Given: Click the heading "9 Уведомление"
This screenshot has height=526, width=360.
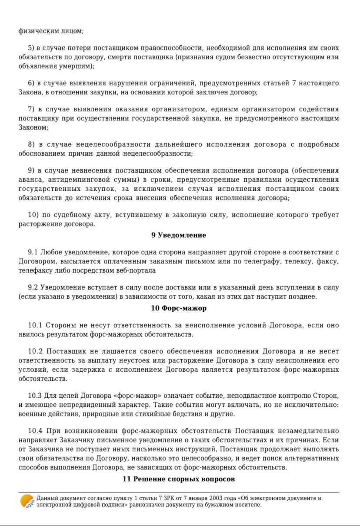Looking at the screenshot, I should tap(179, 235).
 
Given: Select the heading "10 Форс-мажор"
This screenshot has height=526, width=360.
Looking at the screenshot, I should tap(179, 308).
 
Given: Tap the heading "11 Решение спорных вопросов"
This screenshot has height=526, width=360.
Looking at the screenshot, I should tap(179, 479).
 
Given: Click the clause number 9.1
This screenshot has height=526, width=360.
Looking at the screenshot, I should tap(33, 252).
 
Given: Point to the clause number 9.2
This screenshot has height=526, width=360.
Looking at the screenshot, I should tap(33, 288).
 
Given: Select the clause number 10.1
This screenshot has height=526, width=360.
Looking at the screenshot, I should tap(35, 325).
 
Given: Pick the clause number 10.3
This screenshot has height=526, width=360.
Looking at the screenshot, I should tap(35, 396).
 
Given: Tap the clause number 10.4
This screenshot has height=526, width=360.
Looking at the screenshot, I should tap(35, 431).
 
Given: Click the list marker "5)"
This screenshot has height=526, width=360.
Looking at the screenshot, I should tap(31, 48).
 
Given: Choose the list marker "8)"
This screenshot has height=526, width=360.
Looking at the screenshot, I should tap(31, 144).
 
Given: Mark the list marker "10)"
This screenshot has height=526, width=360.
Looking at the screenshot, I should tap(33, 215).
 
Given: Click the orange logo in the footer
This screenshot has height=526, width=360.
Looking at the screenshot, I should tap(27, 501).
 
